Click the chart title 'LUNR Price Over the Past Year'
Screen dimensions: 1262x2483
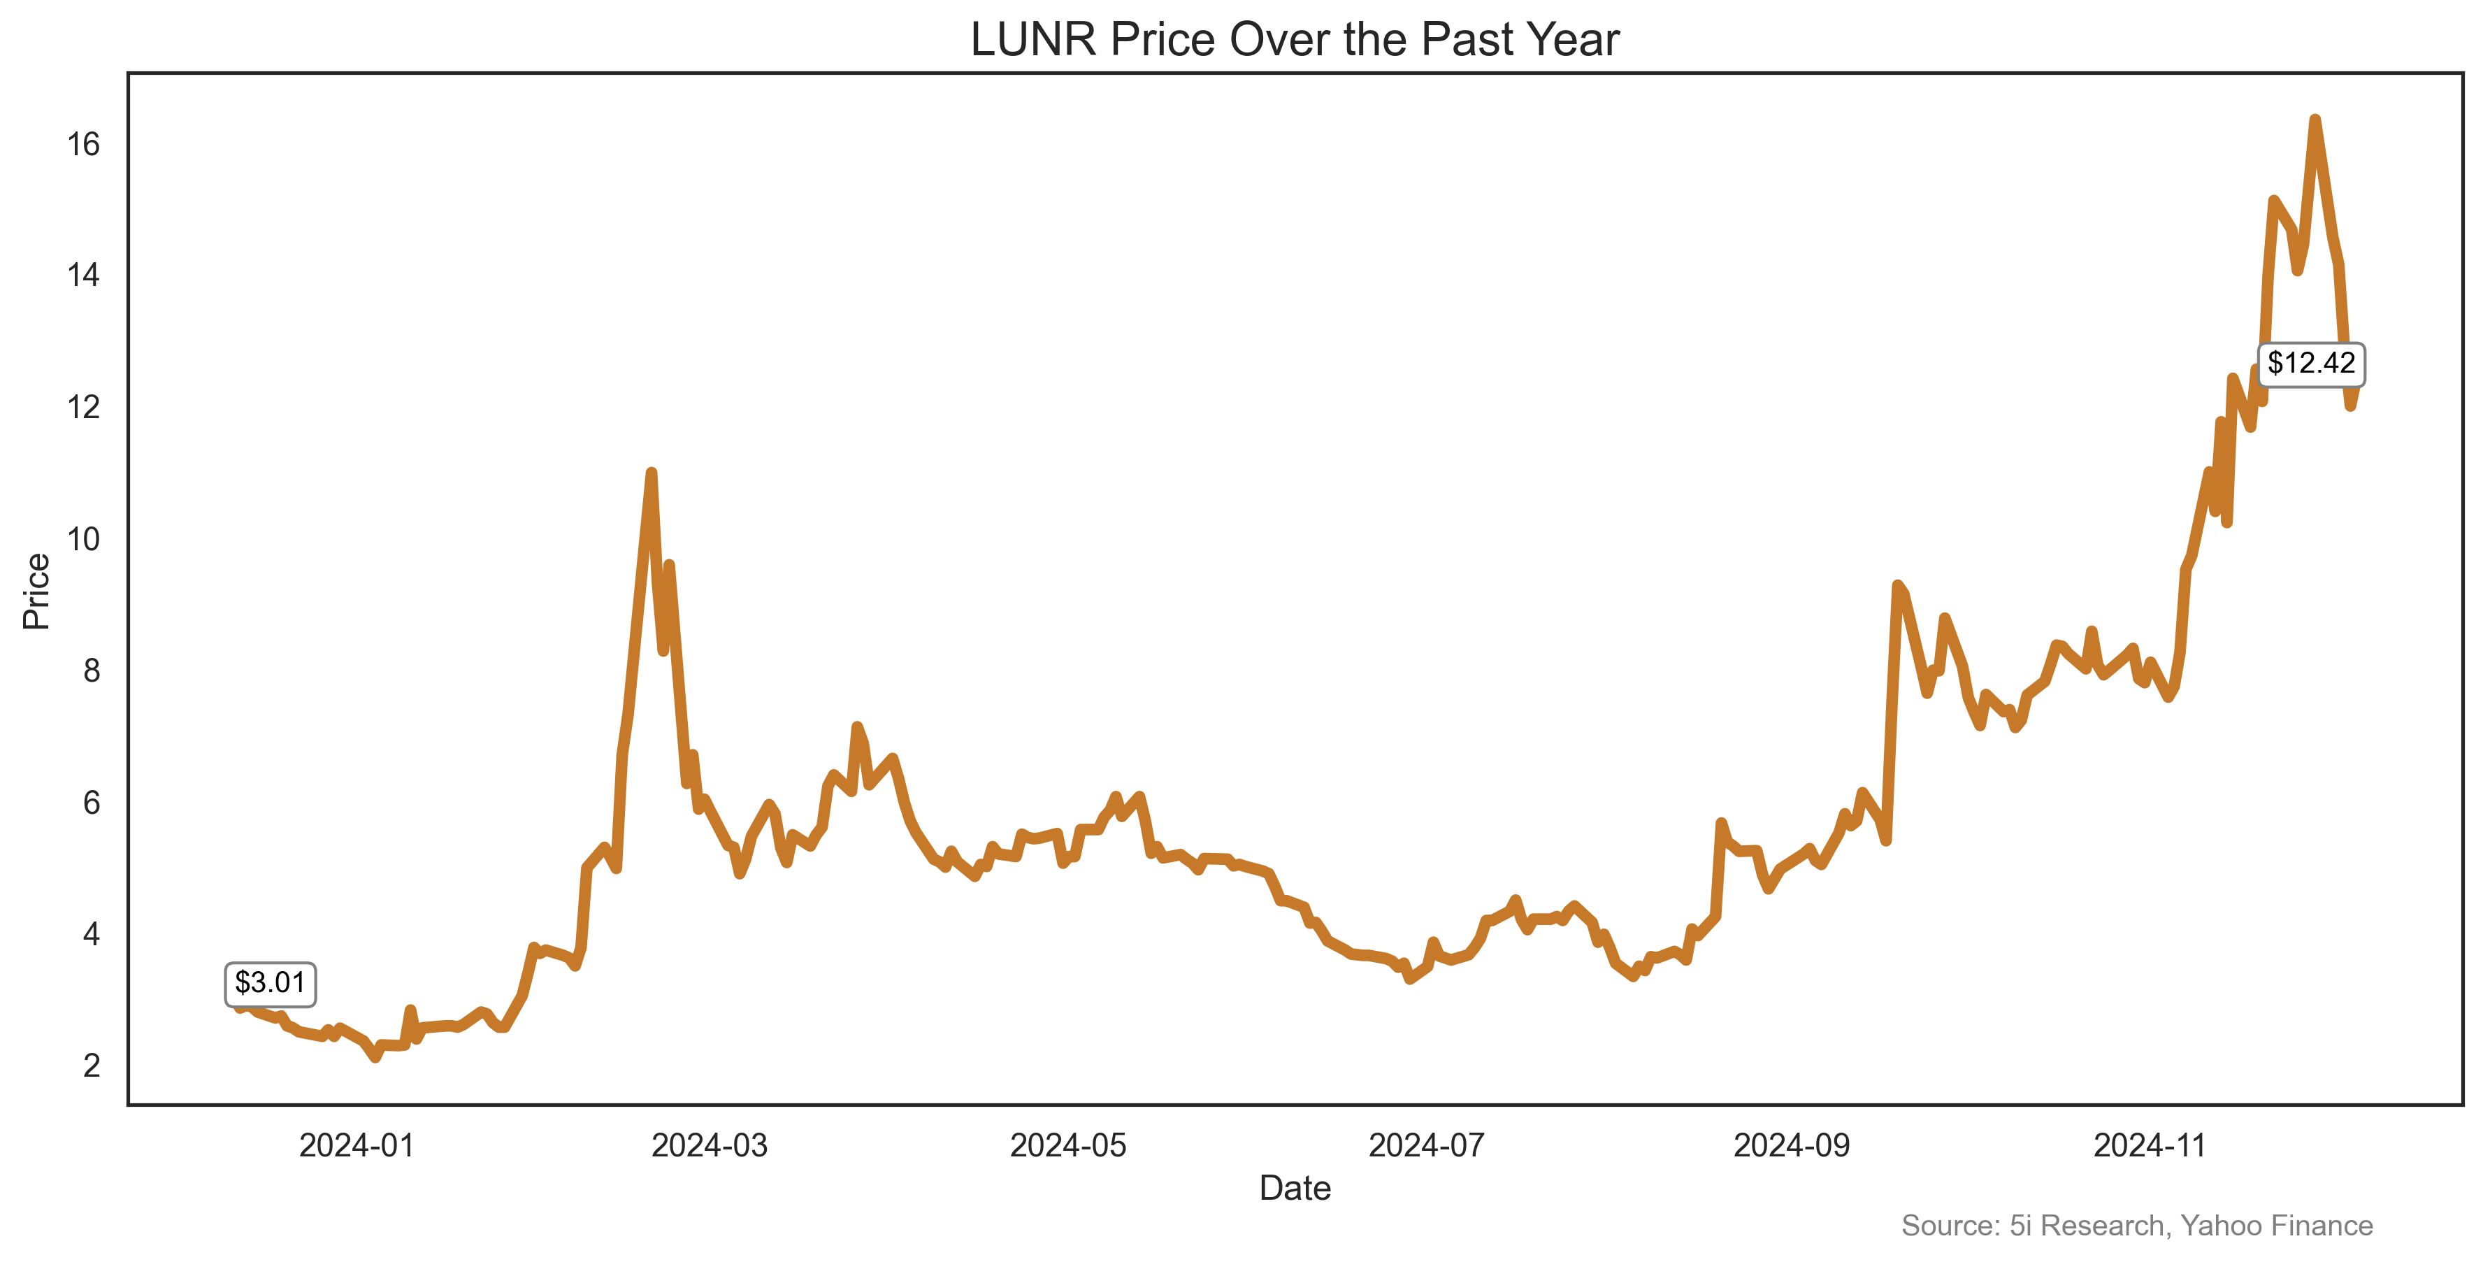click(1295, 40)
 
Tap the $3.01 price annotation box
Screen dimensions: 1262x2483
click(270, 983)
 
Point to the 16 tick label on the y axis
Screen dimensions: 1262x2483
click(83, 145)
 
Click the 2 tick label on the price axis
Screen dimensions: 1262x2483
click(92, 1066)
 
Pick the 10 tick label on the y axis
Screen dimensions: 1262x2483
click(83, 539)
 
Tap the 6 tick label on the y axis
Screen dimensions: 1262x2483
click(92, 802)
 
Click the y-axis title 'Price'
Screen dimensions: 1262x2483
click(36, 591)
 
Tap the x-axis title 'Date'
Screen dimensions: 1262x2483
click(1295, 1188)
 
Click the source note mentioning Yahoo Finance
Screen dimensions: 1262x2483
click(2136, 1226)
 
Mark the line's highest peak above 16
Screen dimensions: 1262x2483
click(2315, 120)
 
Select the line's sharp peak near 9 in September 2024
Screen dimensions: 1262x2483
click(1897, 585)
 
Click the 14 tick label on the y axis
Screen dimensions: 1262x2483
click(83, 275)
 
